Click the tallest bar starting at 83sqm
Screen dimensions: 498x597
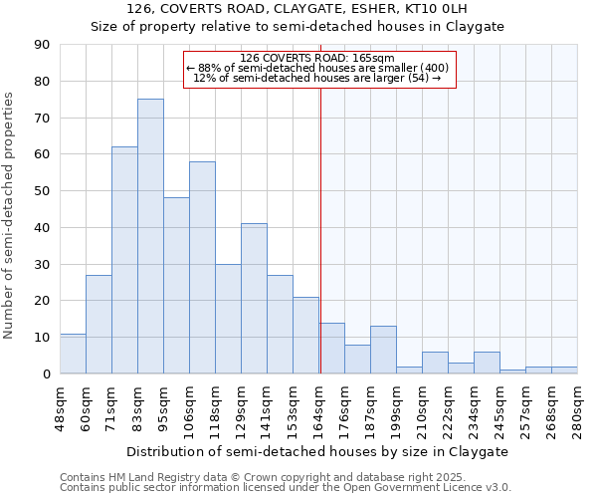tap(150, 236)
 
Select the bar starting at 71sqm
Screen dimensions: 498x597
tap(124, 260)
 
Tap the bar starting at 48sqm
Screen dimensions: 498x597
tap(73, 354)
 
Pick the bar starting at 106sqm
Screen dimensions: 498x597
tap(202, 267)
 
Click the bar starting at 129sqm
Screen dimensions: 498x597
tap(254, 299)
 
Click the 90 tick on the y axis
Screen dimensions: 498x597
tap(43, 45)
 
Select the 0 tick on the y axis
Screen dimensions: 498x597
tap(47, 373)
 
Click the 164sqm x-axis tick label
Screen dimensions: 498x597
tap(318, 405)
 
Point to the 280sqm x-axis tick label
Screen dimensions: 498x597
tap(577, 405)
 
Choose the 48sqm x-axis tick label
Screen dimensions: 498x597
tap(60, 405)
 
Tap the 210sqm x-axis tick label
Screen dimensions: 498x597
tap(422, 405)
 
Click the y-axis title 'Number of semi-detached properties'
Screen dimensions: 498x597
tap(10, 215)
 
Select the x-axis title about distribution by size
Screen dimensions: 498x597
tap(318, 451)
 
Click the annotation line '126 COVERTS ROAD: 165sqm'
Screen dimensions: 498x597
tap(317, 58)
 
